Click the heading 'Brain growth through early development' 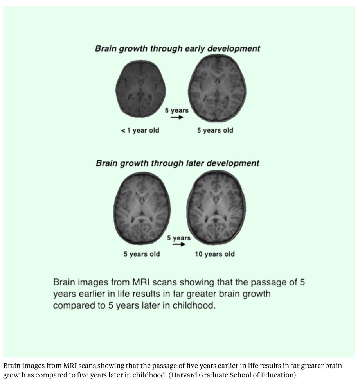pos(177,49)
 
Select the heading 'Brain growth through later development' pos(177,163)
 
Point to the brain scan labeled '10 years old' pos(217,207)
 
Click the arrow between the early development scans pos(177,117)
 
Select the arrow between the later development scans pos(179,244)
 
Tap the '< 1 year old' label pos(140,130)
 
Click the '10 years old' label pos(215,254)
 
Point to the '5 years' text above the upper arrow pos(176,110)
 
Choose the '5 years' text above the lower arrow pos(179,238)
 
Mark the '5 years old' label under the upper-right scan pos(215,130)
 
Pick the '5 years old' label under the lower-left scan pos(142,254)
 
